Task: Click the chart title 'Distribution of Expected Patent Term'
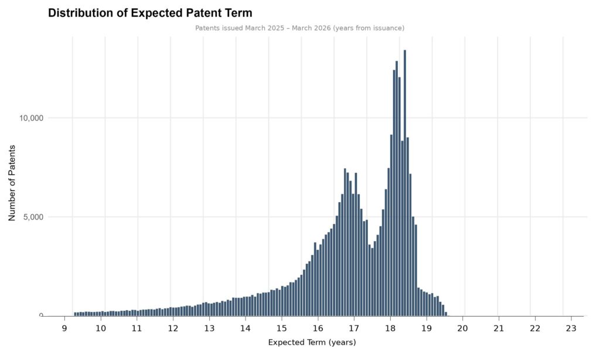[149, 13]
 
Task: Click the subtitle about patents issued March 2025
[299, 28]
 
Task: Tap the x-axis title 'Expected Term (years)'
[312, 342]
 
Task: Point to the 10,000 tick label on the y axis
[32, 118]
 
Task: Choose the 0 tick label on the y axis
[41, 316]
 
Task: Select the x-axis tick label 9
[64, 327]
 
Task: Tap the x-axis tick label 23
[568, 327]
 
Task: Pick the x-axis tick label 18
[390, 327]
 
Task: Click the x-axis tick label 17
[353, 327]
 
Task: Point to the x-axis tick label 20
[462, 327]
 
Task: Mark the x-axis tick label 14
[245, 327]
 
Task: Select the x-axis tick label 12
[173, 327]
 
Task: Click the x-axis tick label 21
[498, 327]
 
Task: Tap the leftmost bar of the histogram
[76, 314]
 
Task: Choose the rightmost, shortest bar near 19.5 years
[446, 314]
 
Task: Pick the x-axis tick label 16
[318, 327]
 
